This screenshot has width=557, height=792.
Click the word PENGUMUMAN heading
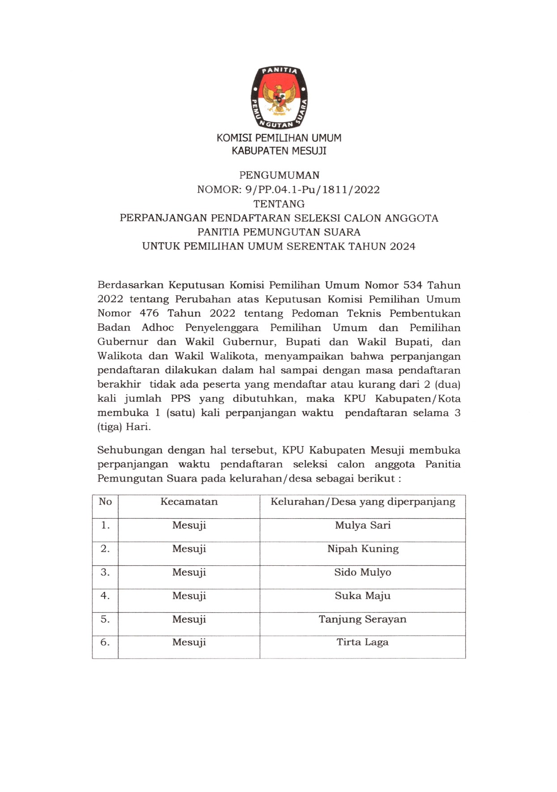[x=279, y=175]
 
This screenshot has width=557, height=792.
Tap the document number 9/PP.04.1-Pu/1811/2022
[x=312, y=189]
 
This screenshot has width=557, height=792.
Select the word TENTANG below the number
[x=279, y=204]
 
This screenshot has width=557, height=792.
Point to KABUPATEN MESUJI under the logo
[x=279, y=151]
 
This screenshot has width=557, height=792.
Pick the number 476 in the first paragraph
[x=149, y=314]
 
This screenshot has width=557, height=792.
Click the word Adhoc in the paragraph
[x=157, y=328]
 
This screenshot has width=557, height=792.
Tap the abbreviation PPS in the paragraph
[x=180, y=399]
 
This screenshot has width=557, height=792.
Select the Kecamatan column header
[x=189, y=502]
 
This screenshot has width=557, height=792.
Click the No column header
[x=105, y=502]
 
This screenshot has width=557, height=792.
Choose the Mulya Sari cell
[x=362, y=525]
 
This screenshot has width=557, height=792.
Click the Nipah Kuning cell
[x=362, y=549]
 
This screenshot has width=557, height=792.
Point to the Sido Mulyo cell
[x=362, y=572]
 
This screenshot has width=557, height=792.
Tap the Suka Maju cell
[x=362, y=596]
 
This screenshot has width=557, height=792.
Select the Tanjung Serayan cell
[x=362, y=620]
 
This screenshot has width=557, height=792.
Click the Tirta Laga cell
[x=362, y=642]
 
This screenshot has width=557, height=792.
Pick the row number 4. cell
[x=105, y=596]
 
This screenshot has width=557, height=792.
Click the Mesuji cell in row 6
[x=189, y=642]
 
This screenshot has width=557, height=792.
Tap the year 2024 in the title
[x=403, y=246]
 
